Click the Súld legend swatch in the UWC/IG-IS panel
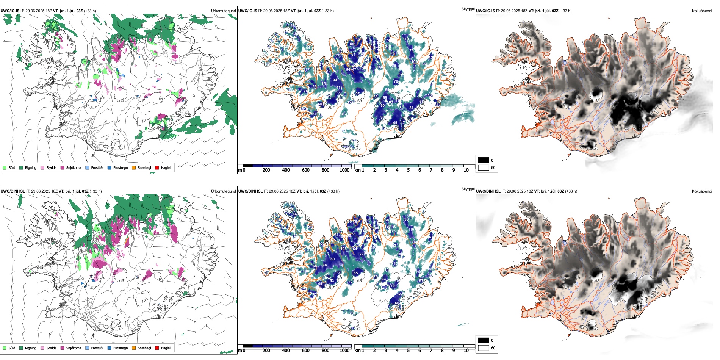(5, 167)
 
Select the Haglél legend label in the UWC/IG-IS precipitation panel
(166, 167)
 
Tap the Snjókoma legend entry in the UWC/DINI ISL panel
(74, 348)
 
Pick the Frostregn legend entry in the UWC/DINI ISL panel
(121, 348)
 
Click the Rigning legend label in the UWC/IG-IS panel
(31, 167)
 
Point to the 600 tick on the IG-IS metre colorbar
(306, 170)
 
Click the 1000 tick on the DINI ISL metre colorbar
(344, 351)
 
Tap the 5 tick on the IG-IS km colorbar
(409, 170)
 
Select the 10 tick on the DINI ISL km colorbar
(466, 351)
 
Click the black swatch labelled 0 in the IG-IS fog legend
(484, 160)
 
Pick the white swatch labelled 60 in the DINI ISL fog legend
(484, 348)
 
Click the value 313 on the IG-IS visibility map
(344, 114)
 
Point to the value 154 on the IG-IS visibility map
(324, 84)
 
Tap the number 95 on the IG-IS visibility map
(357, 94)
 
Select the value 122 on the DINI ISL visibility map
(401, 294)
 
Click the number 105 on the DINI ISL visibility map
(343, 249)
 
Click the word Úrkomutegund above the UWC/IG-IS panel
(223, 11)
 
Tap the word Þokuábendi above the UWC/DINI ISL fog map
(702, 191)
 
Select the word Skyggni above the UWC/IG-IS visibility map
(468, 9)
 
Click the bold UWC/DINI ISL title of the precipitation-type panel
(13, 191)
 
